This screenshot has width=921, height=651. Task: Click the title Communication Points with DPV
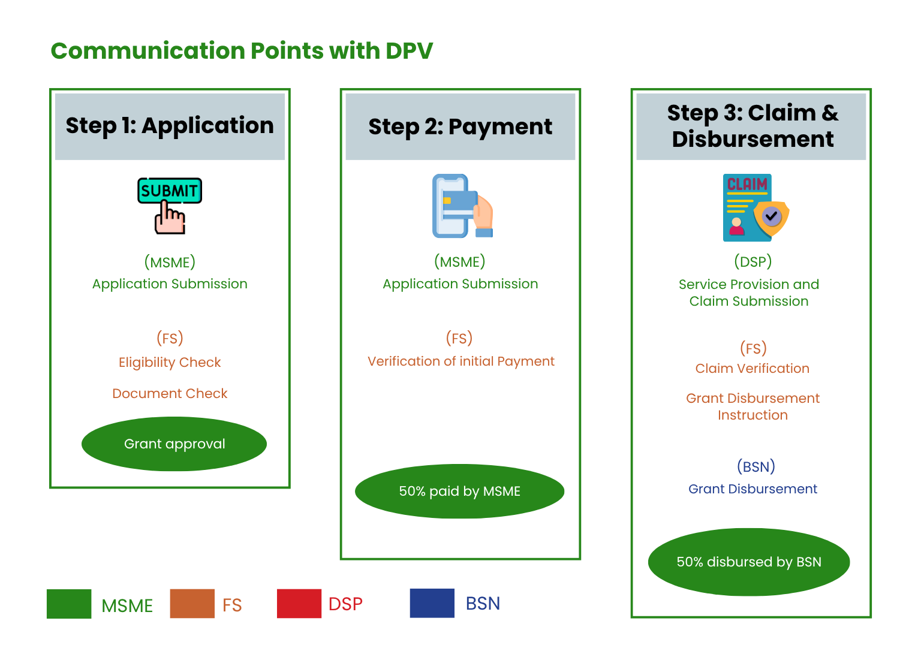pos(242,51)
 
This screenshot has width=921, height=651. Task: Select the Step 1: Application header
pos(170,126)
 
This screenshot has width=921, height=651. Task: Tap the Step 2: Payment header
pos(460,126)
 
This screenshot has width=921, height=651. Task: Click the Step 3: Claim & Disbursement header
pos(751,126)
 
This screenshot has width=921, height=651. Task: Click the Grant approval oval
pos(174,444)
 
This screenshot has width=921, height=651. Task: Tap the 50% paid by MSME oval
pos(460,492)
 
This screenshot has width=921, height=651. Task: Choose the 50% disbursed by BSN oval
pos(749,562)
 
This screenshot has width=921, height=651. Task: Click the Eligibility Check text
pos(170,363)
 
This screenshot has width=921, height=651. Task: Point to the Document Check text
pos(170,394)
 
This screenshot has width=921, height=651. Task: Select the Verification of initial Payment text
pos(460,361)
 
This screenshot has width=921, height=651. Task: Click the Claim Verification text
pos(752,369)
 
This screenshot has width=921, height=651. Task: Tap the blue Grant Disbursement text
pos(753,489)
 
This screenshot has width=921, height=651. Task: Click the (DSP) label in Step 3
pos(753,262)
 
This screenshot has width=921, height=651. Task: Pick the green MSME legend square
pos(69,604)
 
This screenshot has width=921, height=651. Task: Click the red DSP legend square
pos(299,604)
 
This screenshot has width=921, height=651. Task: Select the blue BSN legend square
pos(432,603)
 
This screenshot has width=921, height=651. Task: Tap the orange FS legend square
pos(192,604)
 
